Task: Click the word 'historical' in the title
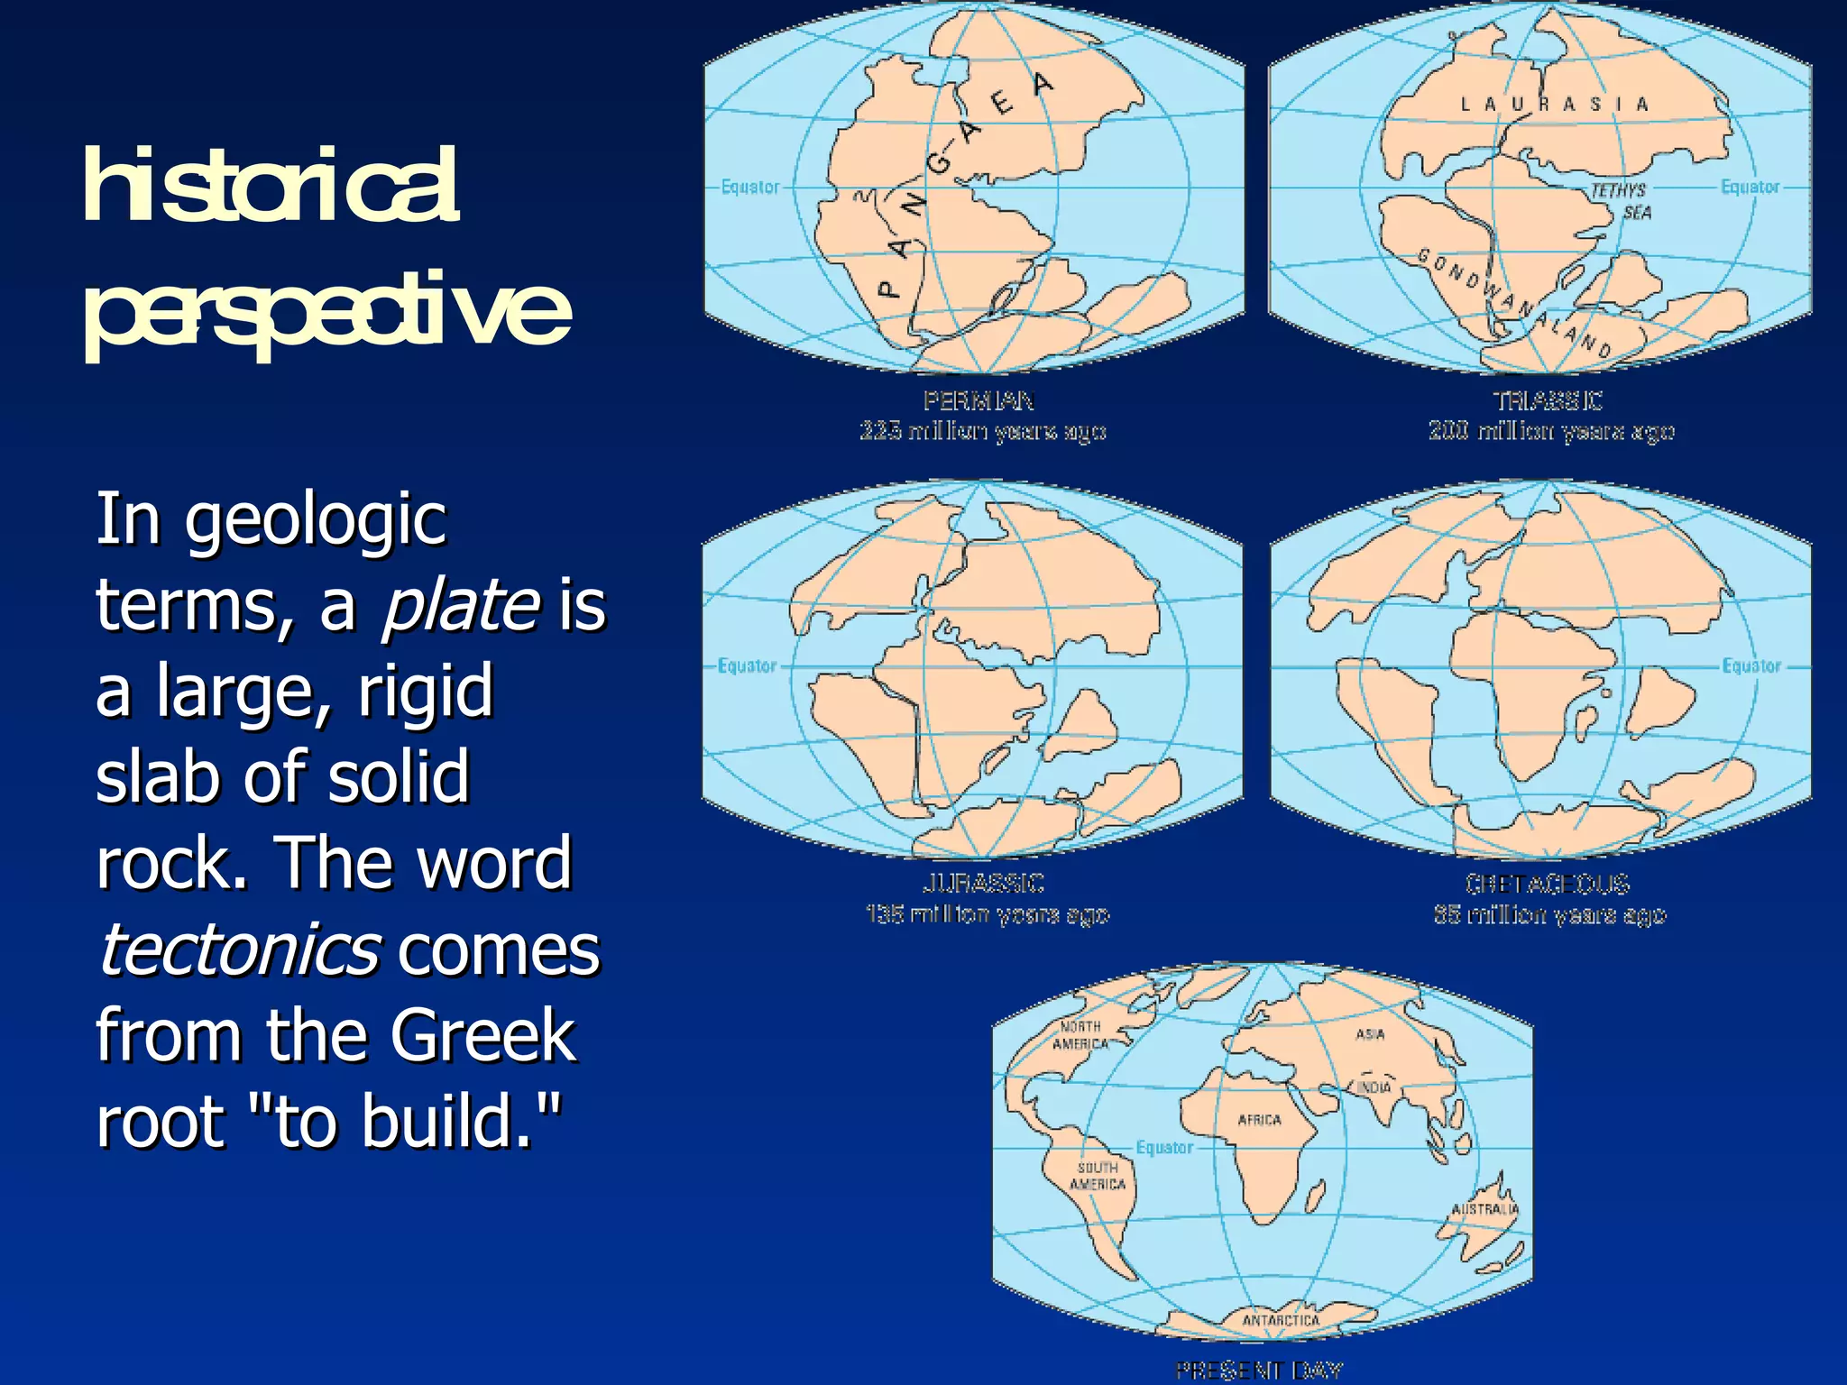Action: coord(271,187)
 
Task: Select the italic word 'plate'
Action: coord(460,605)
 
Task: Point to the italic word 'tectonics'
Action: coord(239,949)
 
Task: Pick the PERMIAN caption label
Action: coord(979,400)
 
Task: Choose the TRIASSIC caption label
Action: coord(1548,400)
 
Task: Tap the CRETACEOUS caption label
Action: coord(1548,884)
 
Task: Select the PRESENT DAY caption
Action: coord(1259,1371)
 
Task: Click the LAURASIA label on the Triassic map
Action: coord(1554,105)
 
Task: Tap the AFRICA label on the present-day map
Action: coord(1259,1120)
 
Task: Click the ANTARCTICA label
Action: coord(1281,1320)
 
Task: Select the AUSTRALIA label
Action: coord(1484,1209)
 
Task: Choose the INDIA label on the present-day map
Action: coord(1374,1087)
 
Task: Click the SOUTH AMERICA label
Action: coord(1098,1176)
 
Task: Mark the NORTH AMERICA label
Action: coord(1080,1035)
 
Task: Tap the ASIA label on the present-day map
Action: coord(1370,1034)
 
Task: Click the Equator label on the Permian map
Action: coord(750,187)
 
